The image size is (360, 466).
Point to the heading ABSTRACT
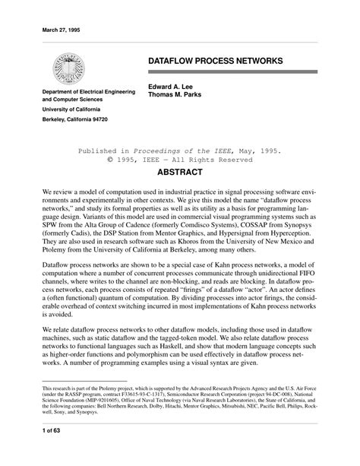tap(179, 174)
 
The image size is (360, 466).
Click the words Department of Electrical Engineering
tap(89, 90)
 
